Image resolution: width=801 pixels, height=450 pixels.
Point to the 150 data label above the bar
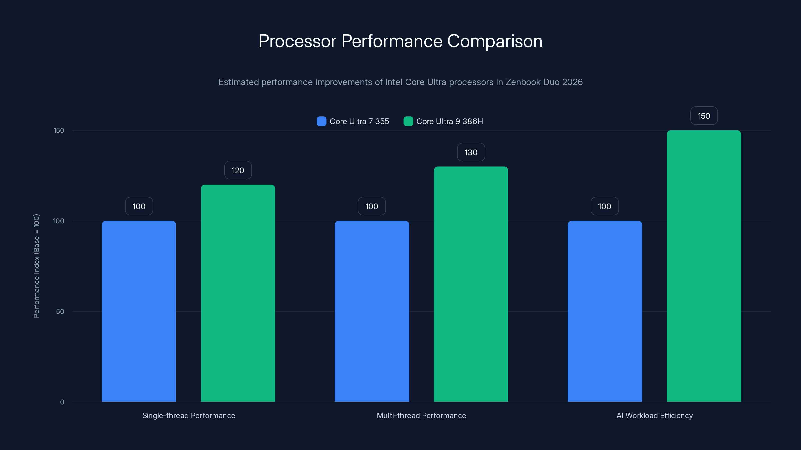point(704,116)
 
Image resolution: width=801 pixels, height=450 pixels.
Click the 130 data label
point(471,152)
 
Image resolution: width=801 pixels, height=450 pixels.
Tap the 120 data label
point(238,170)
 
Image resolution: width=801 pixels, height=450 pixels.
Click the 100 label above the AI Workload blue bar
point(605,206)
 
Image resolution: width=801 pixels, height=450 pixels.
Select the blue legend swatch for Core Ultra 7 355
point(321,121)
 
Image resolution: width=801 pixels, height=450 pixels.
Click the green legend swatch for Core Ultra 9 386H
point(408,121)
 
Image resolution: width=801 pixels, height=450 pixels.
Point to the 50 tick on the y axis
point(60,311)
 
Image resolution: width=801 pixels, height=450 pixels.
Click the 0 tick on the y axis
point(62,402)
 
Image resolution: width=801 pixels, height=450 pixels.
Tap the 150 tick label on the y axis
point(59,130)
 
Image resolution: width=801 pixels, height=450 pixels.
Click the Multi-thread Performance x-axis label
point(421,415)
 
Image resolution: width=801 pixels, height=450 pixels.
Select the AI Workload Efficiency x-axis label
point(655,415)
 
